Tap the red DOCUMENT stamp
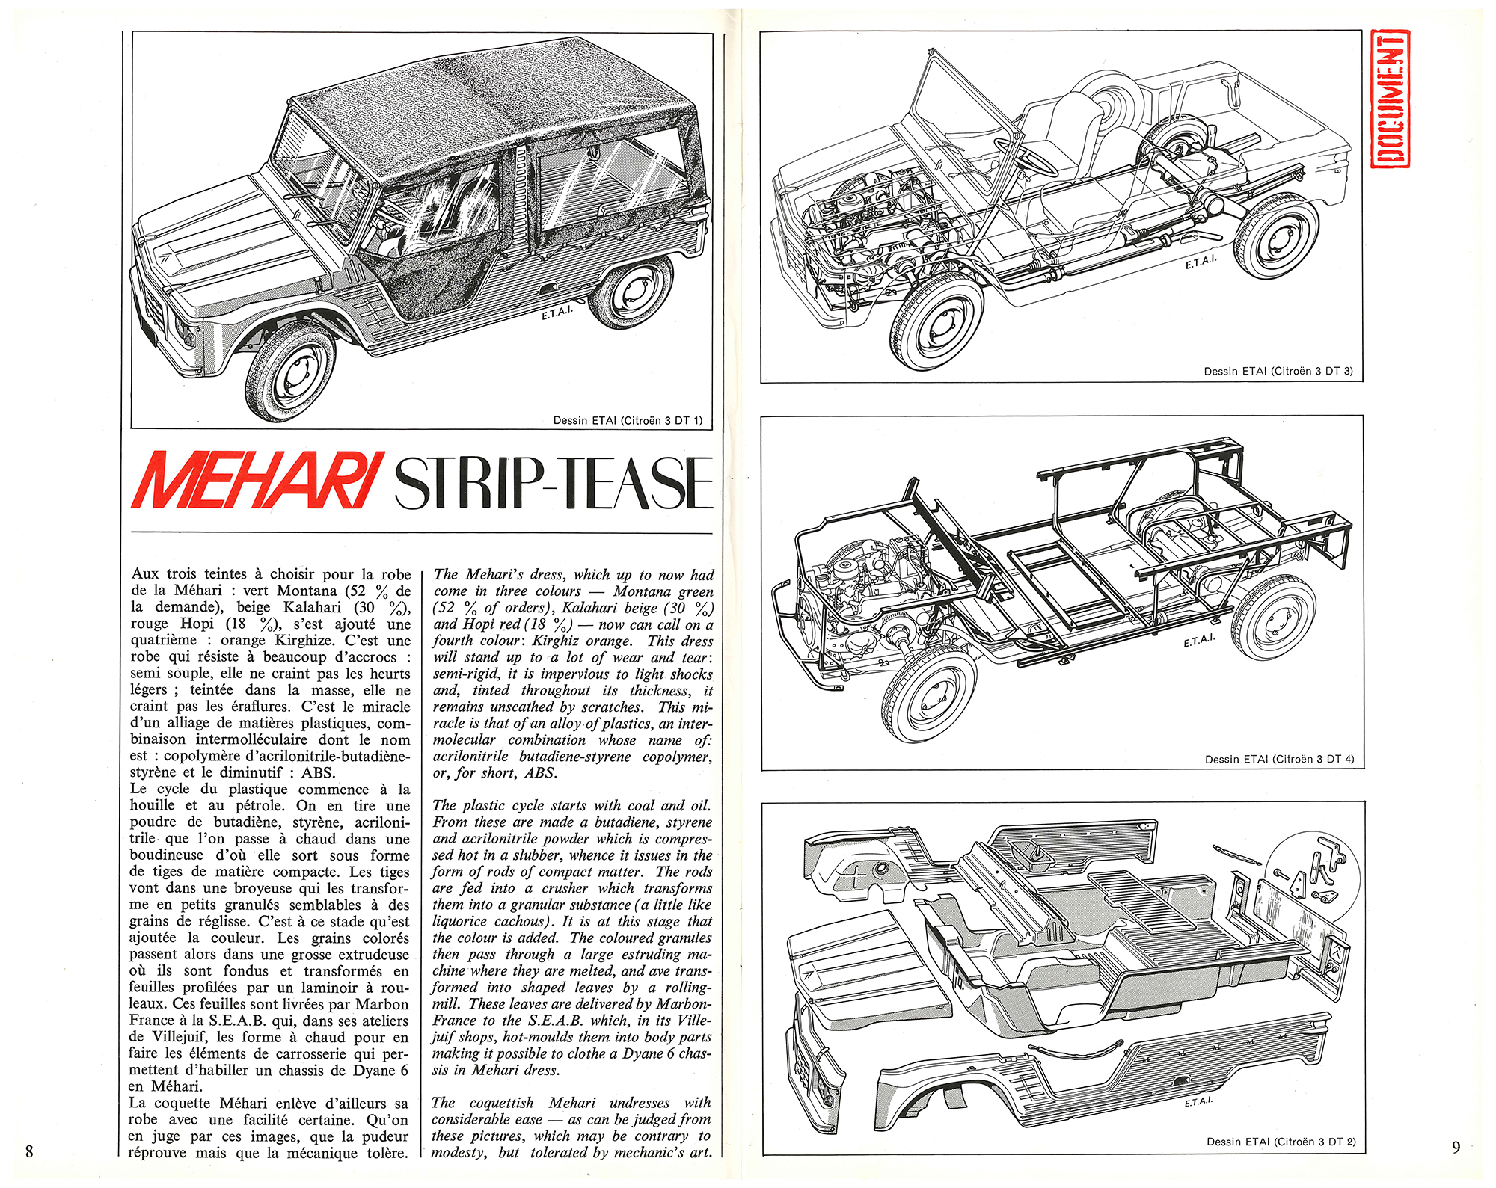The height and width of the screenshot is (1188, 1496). pyautogui.click(x=1391, y=98)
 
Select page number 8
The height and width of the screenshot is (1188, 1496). pyautogui.click(x=29, y=1151)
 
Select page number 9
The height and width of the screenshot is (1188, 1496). pyautogui.click(x=1456, y=1147)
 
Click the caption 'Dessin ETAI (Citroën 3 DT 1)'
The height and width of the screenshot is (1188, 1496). pyautogui.click(x=628, y=420)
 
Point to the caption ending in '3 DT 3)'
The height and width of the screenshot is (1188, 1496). pyautogui.click(x=1278, y=371)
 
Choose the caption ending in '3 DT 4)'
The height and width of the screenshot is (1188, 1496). pyautogui.click(x=1279, y=759)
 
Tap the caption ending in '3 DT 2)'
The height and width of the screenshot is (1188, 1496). pyautogui.click(x=1281, y=1142)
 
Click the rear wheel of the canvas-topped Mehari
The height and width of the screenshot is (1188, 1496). pyautogui.click(x=631, y=292)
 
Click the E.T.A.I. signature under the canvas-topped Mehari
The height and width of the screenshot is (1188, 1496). pyautogui.click(x=557, y=312)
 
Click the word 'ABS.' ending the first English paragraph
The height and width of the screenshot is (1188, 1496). pyautogui.click(x=540, y=773)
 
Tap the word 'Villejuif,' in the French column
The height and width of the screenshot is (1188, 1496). pyautogui.click(x=173, y=1037)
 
